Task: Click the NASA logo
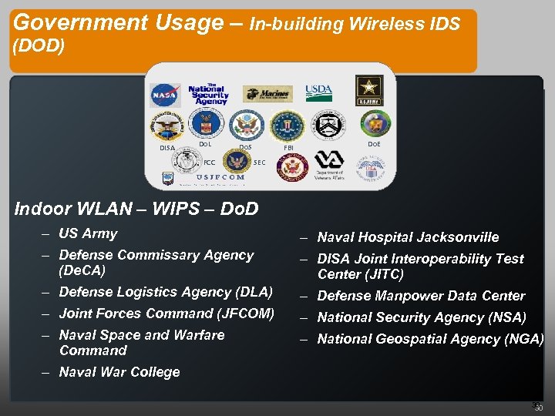coord(164,95)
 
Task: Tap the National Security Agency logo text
coord(207,93)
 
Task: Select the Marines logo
coord(267,94)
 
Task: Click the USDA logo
coord(318,92)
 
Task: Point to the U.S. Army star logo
coord(368,89)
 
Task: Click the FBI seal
coord(289,125)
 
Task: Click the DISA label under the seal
coord(166,148)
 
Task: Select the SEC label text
coord(260,163)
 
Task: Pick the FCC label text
coord(209,163)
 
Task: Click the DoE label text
coord(373,146)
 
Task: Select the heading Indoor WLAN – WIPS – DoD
coord(136,209)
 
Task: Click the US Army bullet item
coord(88,233)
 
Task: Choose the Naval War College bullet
coord(119,372)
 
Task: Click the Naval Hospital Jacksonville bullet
coord(408,237)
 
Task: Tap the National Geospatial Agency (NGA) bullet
coord(429,339)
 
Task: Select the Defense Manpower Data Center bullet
coord(421,296)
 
